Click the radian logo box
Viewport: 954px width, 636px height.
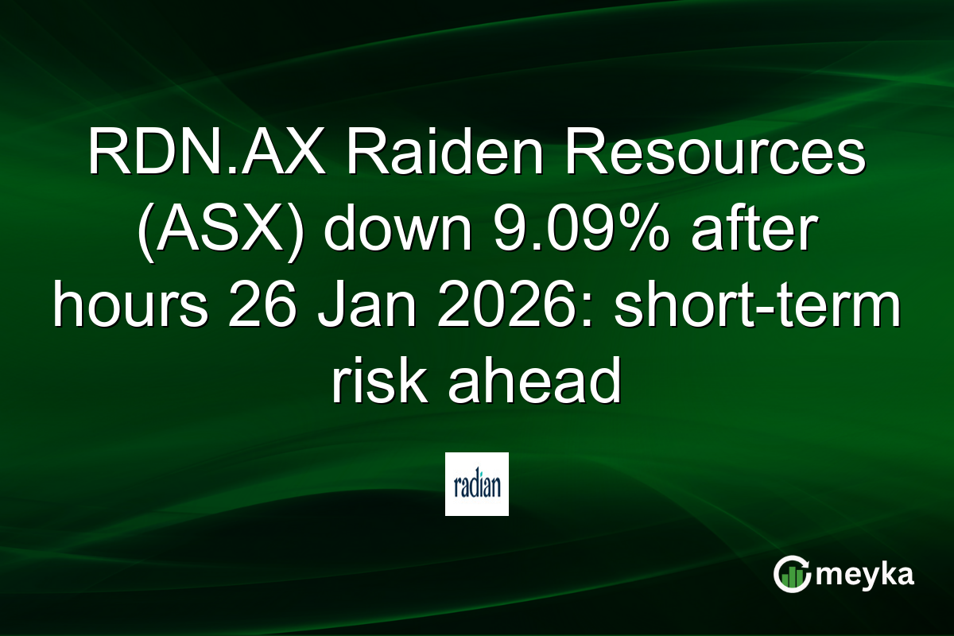(x=477, y=485)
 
